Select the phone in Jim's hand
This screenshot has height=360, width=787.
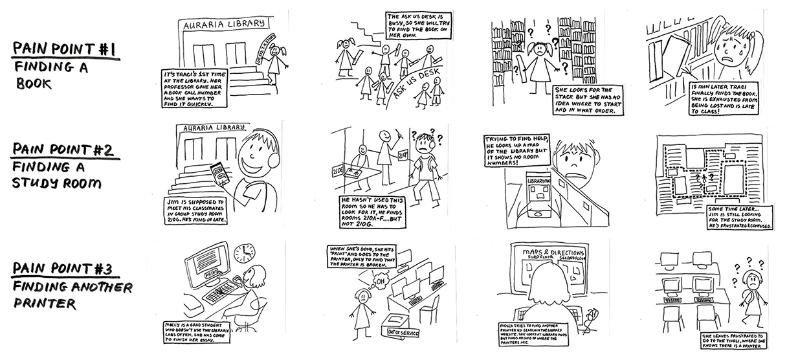click(x=219, y=172)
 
